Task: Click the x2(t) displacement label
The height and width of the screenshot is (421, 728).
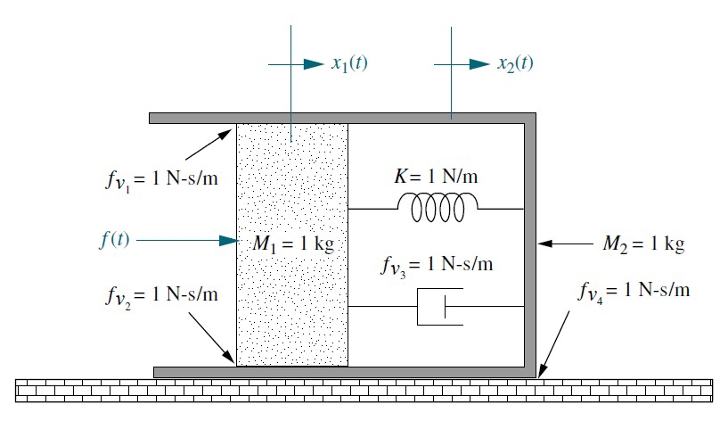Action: pyautogui.click(x=515, y=63)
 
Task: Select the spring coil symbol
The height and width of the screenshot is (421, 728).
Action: pyautogui.click(x=437, y=208)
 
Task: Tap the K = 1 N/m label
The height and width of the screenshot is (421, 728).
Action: pyautogui.click(x=436, y=176)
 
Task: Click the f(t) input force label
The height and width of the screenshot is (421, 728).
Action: pyautogui.click(x=116, y=240)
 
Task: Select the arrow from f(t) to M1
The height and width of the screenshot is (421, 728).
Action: pyautogui.click(x=186, y=240)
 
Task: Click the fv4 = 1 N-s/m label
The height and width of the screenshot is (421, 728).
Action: pyautogui.click(x=634, y=291)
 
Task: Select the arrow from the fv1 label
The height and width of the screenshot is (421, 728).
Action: pyautogui.click(x=210, y=145)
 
